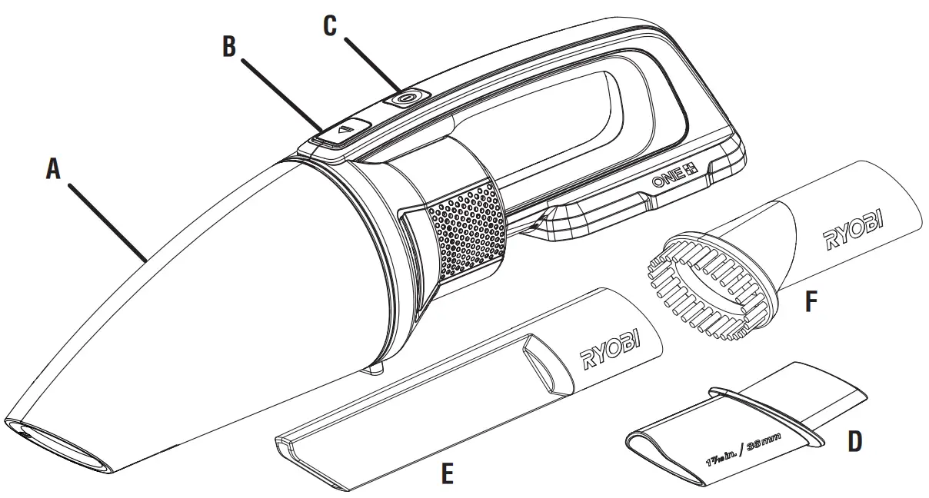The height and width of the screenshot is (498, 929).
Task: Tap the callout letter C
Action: pyautogui.click(x=329, y=25)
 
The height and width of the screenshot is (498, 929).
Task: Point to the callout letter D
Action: pyautogui.click(x=854, y=440)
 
